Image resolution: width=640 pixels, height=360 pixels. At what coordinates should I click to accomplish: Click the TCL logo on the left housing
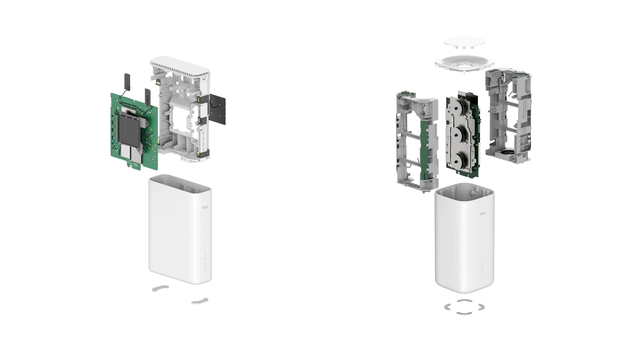click(205, 207)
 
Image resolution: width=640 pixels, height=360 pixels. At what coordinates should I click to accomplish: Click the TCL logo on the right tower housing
click(482, 214)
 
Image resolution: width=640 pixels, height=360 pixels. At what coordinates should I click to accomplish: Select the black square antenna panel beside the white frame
click(217, 109)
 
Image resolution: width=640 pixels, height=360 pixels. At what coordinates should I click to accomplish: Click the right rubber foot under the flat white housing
click(200, 301)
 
